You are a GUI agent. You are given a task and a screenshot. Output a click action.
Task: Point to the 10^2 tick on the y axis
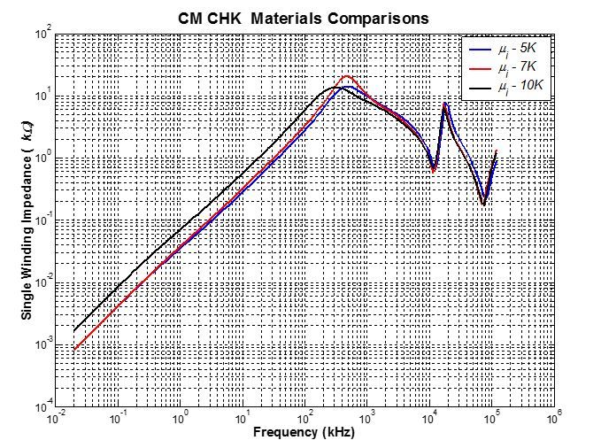pyautogui.click(x=41, y=35)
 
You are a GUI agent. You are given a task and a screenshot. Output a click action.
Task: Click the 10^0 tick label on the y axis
pyautogui.click(x=41, y=158)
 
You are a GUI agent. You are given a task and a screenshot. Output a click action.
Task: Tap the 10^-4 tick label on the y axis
pyautogui.click(x=40, y=407)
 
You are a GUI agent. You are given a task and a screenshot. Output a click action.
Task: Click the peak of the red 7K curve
pyautogui.click(x=347, y=76)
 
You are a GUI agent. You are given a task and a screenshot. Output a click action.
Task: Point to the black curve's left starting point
pyautogui.click(x=73, y=330)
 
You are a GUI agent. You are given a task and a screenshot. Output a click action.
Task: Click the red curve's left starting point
pyautogui.click(x=73, y=349)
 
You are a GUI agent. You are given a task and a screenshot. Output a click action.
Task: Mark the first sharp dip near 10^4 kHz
pyautogui.click(x=433, y=170)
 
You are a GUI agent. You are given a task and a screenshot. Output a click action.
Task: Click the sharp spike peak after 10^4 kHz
pyautogui.click(x=445, y=103)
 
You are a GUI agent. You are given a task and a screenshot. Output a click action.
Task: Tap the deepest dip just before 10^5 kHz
pyautogui.click(x=483, y=204)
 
